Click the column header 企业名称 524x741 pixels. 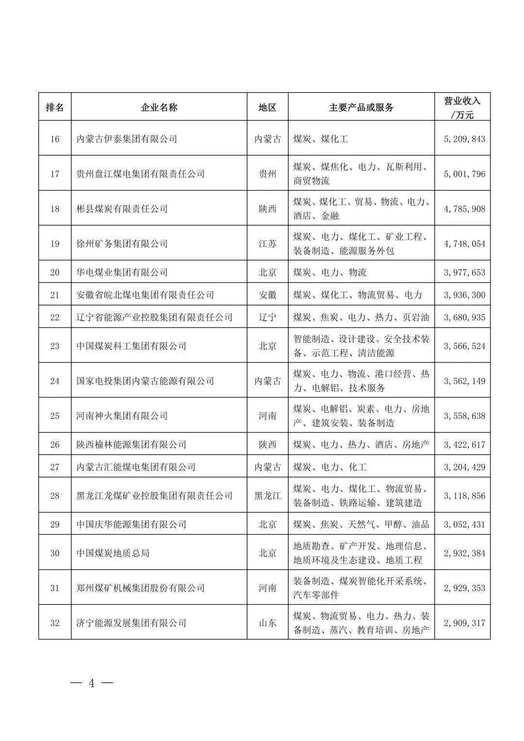point(159,107)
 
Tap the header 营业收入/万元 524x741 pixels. point(462,107)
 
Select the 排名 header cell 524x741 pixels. point(55,107)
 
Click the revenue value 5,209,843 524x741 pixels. point(464,139)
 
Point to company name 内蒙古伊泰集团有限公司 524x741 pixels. point(127,139)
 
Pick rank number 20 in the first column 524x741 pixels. point(55,272)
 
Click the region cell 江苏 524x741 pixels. point(267,244)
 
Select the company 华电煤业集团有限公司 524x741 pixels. point(122,272)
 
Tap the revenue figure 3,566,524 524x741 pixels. point(464,346)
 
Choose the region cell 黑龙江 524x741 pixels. point(267,495)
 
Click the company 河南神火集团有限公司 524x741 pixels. point(122,416)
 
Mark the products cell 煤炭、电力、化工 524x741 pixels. point(330,467)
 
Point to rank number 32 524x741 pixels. point(55,623)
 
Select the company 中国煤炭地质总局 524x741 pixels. point(113,553)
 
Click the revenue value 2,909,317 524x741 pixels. point(464,623)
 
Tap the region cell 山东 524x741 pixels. point(267,623)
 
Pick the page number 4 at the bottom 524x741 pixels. point(91,683)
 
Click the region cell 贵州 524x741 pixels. point(267,174)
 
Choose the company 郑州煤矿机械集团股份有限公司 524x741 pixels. point(140,588)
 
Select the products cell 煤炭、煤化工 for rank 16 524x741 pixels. point(321,139)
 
